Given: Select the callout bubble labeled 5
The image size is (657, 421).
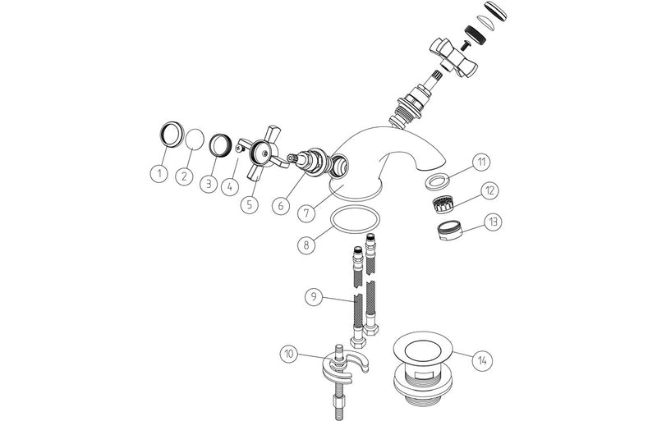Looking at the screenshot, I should coord(209,184).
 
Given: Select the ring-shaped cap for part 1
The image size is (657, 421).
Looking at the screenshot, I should coord(171,133).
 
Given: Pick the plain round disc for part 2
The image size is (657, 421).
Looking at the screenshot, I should coord(195,137).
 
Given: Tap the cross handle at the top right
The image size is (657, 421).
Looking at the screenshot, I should coord(454,54).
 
